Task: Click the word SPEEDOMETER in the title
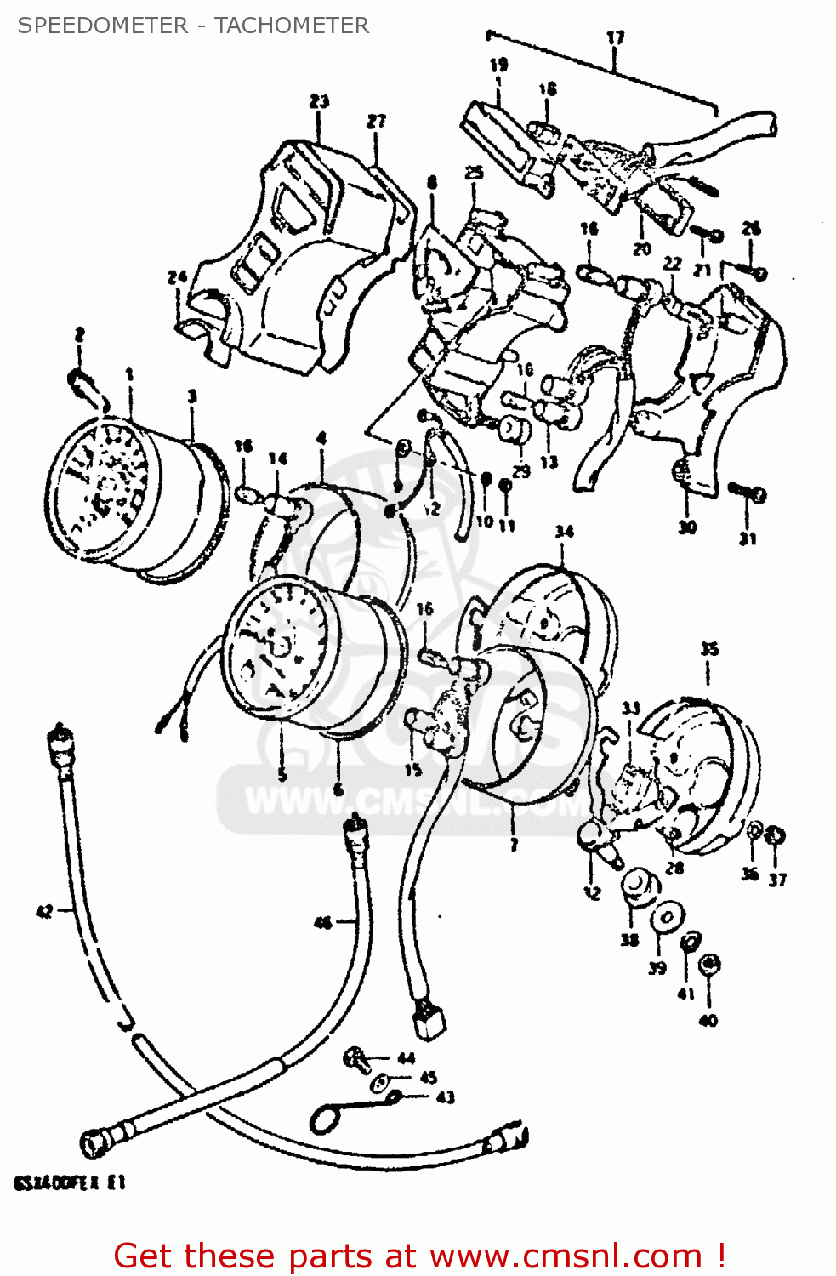coord(103,26)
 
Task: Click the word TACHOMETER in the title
coord(292,26)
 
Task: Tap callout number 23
coord(319,101)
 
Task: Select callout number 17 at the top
coord(615,37)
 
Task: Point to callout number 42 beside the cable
coord(44,911)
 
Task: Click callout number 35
coord(709,649)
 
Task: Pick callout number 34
coord(564,532)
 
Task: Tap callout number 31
coord(747,538)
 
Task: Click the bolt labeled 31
coord(748,492)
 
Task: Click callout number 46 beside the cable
coord(322,922)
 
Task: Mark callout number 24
coord(177,277)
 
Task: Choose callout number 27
coord(376,122)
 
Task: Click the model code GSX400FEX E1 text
coord(70,1183)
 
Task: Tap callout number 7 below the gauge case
coord(514,845)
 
